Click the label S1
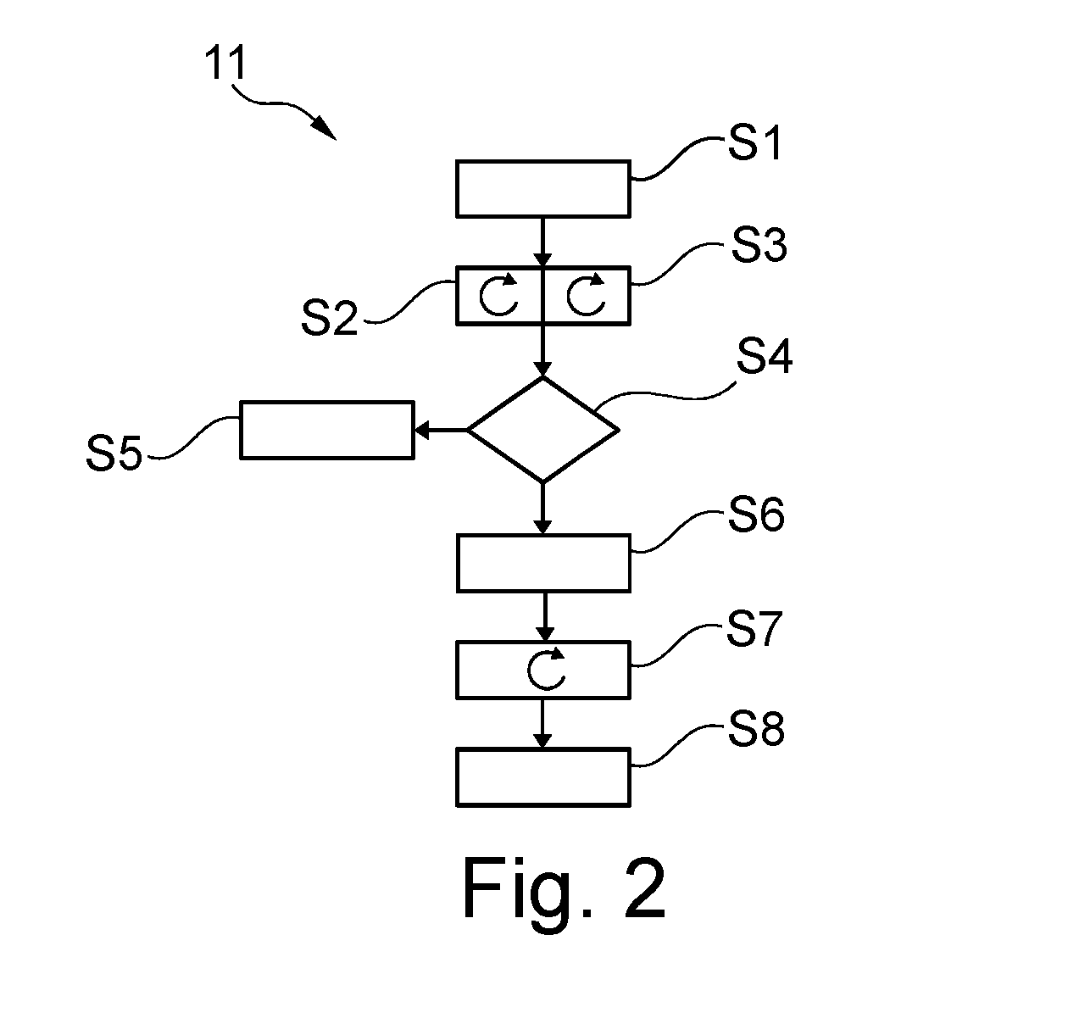754,142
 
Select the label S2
329,318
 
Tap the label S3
759,245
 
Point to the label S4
764,356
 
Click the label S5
114,453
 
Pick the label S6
756,515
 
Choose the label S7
754,628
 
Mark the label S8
756,729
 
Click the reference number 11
225,63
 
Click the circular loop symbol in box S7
529,671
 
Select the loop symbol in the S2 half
481,297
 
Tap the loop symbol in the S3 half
569,297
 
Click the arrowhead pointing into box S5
421,431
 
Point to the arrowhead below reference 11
324,129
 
